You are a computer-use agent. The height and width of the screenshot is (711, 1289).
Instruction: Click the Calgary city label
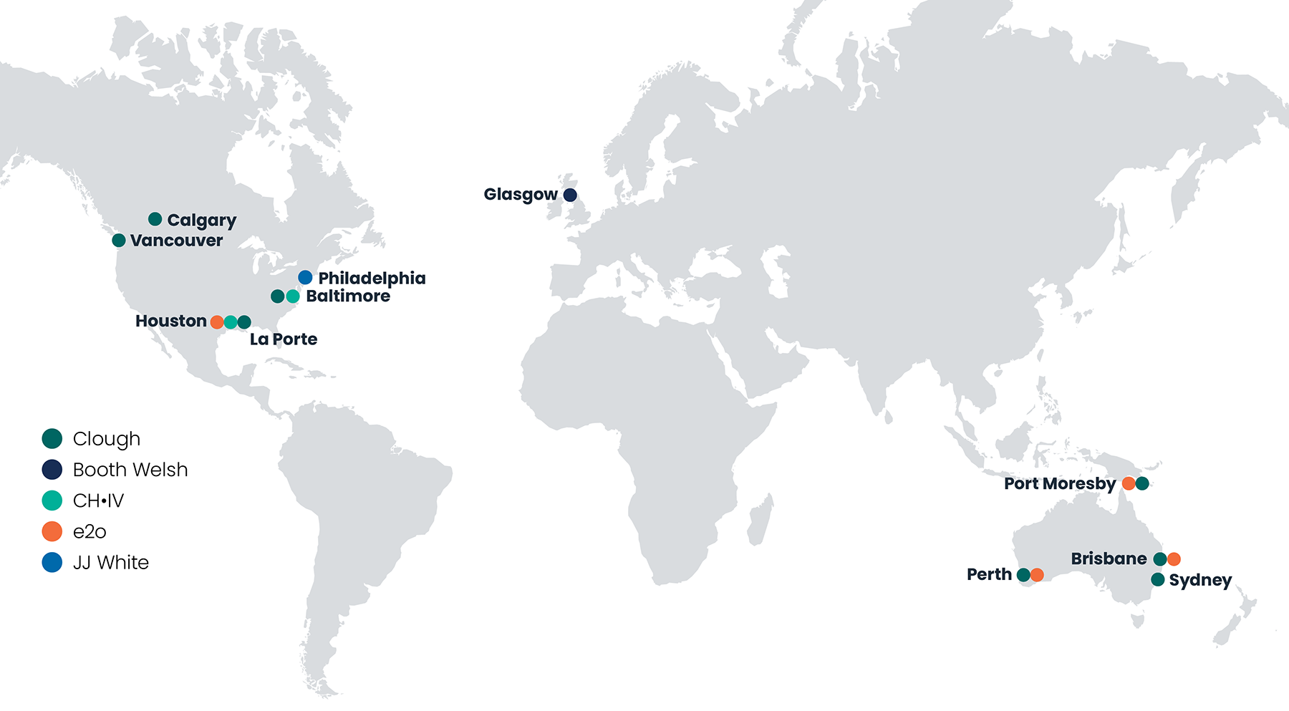coord(201,221)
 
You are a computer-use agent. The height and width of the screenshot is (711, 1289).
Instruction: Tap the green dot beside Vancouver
coord(119,241)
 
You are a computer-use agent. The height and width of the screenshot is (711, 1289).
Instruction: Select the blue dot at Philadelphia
coord(305,277)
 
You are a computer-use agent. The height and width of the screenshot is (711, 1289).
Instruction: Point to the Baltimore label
coord(348,296)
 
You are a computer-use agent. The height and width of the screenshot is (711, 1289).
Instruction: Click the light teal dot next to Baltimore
coord(292,296)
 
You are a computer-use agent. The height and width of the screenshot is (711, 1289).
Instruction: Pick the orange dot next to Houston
coord(217,322)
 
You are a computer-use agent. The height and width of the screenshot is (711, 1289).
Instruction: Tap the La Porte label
coord(283,339)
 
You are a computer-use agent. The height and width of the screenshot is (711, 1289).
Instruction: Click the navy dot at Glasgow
coord(570,195)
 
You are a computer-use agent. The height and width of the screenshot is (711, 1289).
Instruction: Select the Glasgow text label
coord(521,195)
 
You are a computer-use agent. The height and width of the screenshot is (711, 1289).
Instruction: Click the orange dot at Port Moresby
coord(1129,483)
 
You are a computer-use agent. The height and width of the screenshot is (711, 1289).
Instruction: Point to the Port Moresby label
coord(1060,484)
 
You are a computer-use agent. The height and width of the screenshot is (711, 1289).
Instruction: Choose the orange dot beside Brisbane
coord(1174,559)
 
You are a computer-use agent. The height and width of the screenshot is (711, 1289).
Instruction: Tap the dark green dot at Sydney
coord(1158,579)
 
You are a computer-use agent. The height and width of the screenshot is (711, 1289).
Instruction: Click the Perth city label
coord(989,574)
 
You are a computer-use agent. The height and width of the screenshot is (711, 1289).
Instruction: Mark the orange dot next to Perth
coord(1037,575)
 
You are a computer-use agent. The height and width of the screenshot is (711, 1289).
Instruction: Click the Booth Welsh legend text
coord(130,470)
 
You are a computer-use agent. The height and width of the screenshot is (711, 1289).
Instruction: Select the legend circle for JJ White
coord(52,563)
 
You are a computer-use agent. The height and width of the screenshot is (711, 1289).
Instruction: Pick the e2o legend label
coord(90,532)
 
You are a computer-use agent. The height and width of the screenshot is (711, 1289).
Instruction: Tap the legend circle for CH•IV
coord(52,500)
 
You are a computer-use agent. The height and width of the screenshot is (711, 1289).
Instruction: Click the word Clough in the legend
coord(107,439)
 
